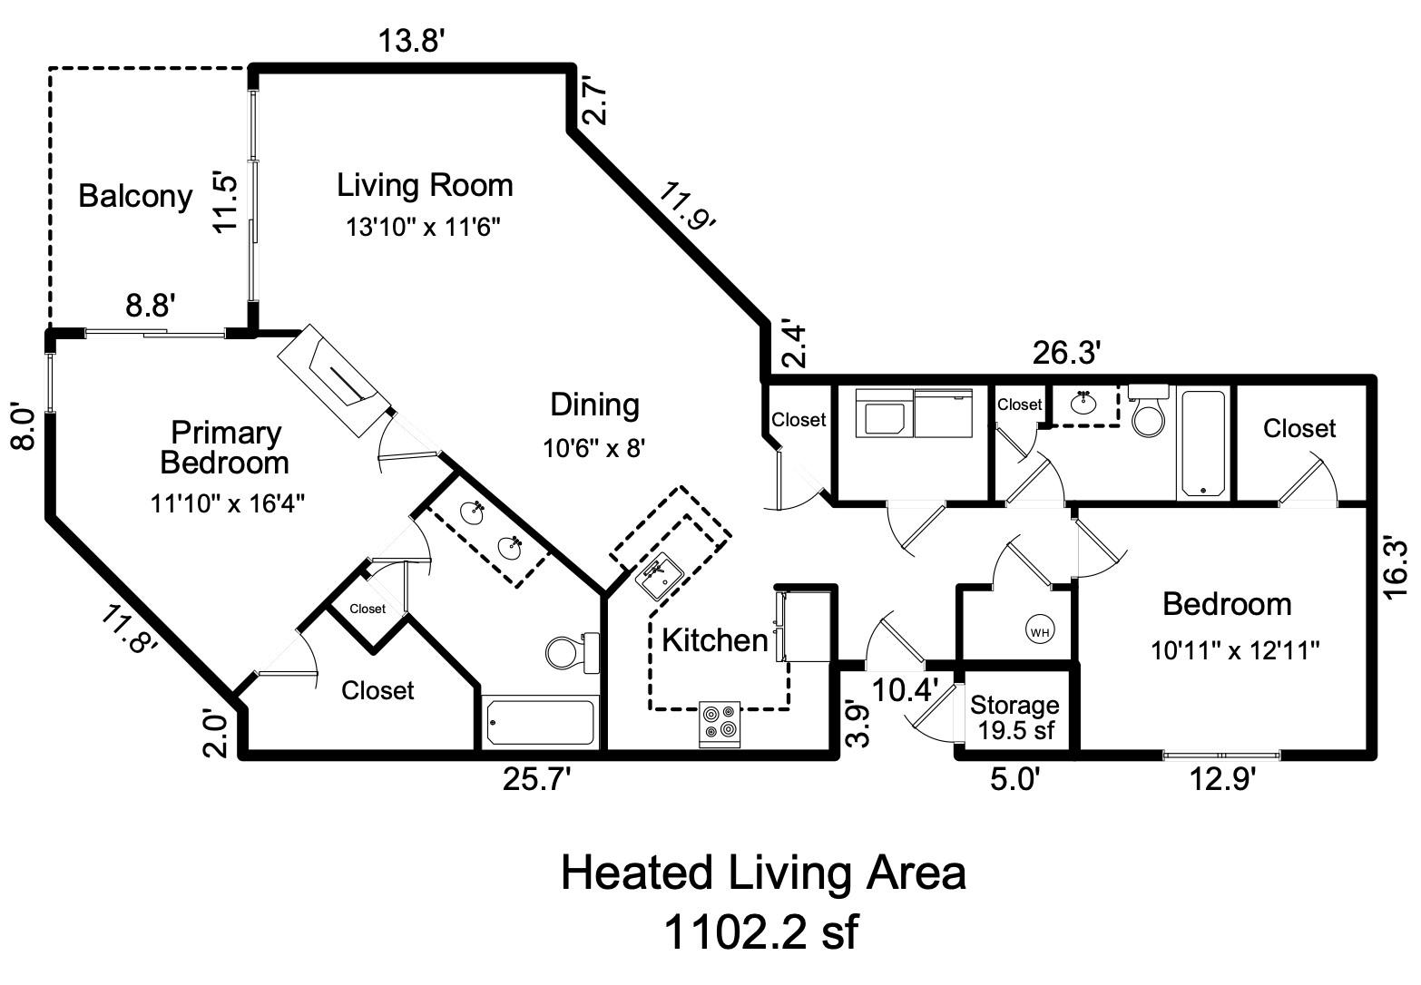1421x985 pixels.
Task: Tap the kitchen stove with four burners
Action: pyautogui.click(x=720, y=724)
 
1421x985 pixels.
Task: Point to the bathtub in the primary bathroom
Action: pyautogui.click(x=540, y=722)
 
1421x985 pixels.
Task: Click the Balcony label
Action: pyautogui.click(x=135, y=196)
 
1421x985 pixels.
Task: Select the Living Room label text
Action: pyautogui.click(x=425, y=185)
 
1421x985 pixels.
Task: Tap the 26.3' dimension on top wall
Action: pyautogui.click(x=1067, y=353)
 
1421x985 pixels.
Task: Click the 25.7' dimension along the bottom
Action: pyautogui.click(x=538, y=779)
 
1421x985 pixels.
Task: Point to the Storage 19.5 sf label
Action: pyautogui.click(x=1014, y=717)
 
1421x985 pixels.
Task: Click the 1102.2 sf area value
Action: pyautogui.click(x=760, y=931)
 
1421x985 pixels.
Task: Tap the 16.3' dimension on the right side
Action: pyautogui.click(x=1396, y=569)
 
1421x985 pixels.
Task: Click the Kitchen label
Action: pyautogui.click(x=714, y=640)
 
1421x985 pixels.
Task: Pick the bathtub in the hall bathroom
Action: pyautogui.click(x=1203, y=443)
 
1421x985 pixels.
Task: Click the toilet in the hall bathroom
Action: pyautogui.click(x=1149, y=413)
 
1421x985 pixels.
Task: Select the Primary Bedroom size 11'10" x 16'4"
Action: pyautogui.click(x=227, y=502)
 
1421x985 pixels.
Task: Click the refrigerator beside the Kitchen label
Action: pyautogui.click(x=805, y=626)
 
